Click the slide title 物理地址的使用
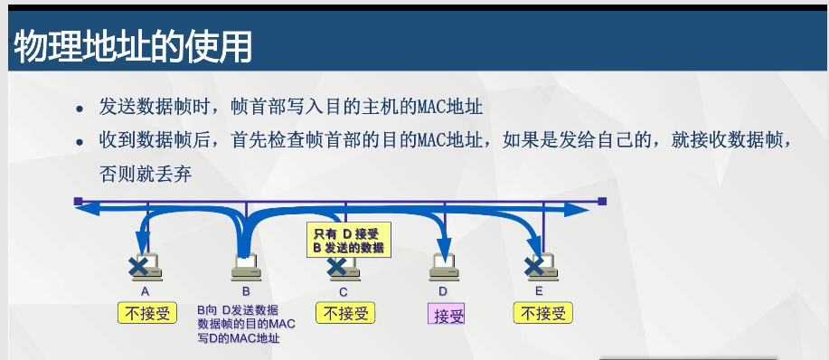point(132,46)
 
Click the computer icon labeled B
point(246,268)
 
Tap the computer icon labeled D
point(444,268)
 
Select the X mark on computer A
point(138,267)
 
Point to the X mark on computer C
point(336,267)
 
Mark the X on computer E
point(534,267)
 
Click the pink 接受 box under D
point(447,314)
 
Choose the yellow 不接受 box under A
point(147,313)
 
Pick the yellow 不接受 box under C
point(345,313)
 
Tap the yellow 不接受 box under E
point(543,313)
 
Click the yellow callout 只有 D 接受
point(349,240)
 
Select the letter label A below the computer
point(145,291)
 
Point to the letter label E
point(539,291)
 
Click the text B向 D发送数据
point(238,310)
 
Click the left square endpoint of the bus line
point(79,202)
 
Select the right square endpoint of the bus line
point(602,202)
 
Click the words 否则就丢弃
point(146,175)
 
